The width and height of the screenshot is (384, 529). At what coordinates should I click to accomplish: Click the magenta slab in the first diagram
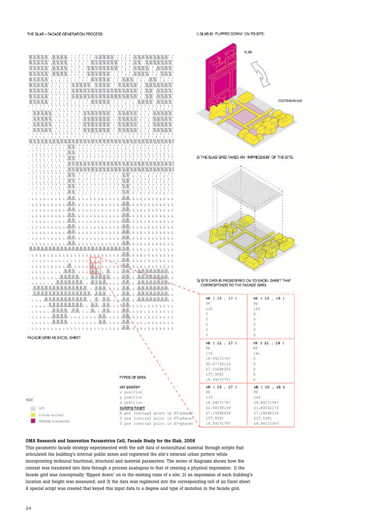[219, 78]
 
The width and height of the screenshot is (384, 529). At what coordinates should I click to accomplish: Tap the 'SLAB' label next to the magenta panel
[248, 52]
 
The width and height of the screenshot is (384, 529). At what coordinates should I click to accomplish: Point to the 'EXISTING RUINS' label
[290, 101]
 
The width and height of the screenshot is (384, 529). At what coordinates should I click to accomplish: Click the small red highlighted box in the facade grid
[95, 265]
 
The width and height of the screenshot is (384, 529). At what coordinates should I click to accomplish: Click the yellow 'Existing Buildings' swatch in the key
[33, 415]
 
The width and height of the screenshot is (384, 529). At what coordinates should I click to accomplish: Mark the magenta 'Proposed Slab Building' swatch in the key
[33, 421]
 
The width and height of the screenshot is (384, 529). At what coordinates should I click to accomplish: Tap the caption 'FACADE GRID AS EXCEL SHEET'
[54, 338]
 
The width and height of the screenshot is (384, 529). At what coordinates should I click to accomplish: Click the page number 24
[29, 508]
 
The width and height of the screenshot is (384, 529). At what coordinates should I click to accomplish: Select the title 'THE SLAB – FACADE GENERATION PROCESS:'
[65, 34]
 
